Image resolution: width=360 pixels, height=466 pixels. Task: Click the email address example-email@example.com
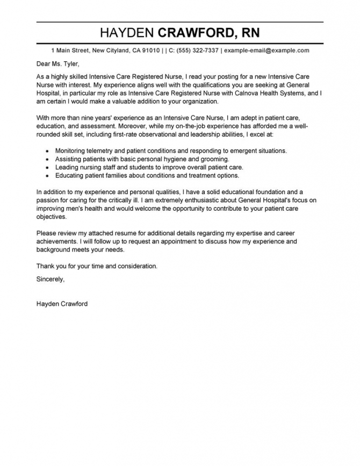click(x=267, y=51)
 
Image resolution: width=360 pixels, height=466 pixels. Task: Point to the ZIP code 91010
click(x=148, y=51)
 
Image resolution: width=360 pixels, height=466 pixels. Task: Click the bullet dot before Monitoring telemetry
click(x=48, y=152)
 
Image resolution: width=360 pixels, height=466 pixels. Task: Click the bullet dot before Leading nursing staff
click(x=48, y=167)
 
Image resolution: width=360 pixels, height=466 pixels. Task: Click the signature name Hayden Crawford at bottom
click(x=62, y=304)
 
